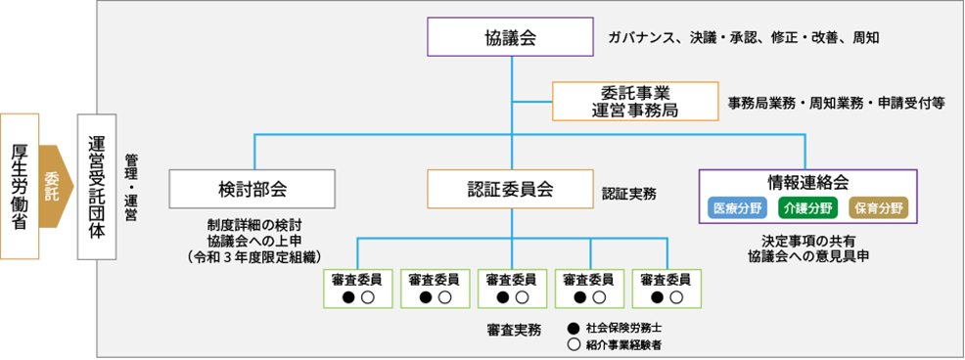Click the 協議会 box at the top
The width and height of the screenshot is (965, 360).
click(x=511, y=38)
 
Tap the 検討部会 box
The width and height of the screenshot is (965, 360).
click(x=253, y=188)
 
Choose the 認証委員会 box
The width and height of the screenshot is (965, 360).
click(x=511, y=188)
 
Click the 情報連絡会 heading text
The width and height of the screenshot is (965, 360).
click(x=808, y=182)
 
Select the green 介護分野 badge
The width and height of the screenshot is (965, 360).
click(x=808, y=207)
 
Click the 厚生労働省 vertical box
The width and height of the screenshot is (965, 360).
click(x=20, y=185)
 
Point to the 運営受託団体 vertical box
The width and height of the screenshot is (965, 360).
click(x=96, y=185)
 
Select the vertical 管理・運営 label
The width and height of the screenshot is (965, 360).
click(x=132, y=187)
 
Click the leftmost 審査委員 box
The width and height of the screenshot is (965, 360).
click(x=356, y=288)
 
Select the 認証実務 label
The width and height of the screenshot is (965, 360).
click(x=628, y=194)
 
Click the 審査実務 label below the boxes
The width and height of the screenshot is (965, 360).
click(x=513, y=330)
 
